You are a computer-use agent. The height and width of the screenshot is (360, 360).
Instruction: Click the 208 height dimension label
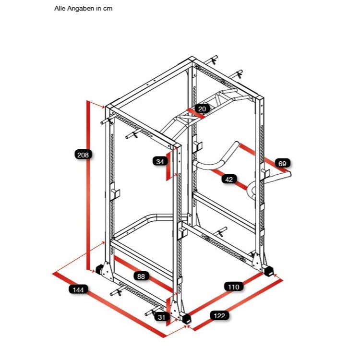tap(83, 155)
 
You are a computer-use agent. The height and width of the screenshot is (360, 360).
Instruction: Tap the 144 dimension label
tap(78, 290)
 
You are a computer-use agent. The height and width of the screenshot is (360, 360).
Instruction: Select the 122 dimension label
tap(219, 316)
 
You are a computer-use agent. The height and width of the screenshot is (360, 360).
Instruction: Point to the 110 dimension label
tap(233, 287)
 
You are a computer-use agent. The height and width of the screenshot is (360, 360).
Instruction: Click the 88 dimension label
tap(141, 276)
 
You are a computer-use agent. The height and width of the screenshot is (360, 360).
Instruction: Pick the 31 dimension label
tap(162, 317)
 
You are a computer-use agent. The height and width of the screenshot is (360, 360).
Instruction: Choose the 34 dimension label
tap(160, 162)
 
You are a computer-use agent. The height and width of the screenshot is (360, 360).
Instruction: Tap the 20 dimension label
tap(202, 108)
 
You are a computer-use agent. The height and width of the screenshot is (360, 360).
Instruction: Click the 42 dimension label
tap(229, 179)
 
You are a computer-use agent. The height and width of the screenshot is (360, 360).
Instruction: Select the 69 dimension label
tap(282, 164)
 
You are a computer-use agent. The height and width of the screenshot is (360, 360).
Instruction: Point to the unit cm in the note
tap(108, 9)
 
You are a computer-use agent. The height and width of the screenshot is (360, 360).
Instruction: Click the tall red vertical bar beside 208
tap(88, 185)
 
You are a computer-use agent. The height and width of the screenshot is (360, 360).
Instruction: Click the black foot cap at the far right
tap(268, 271)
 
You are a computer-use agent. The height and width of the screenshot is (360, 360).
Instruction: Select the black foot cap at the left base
tap(99, 269)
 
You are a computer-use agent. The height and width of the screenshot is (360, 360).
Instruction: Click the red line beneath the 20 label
tap(196, 114)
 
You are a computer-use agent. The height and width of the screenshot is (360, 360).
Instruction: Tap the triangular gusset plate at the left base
tap(107, 271)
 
